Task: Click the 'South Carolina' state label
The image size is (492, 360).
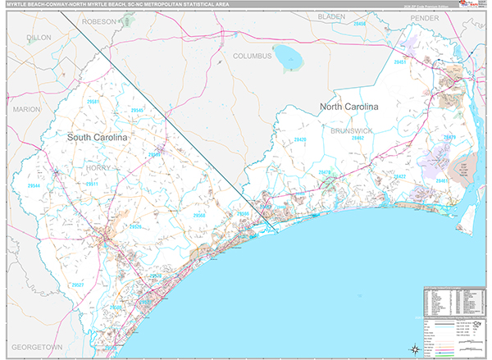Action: click(98, 138)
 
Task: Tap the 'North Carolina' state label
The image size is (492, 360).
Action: click(349, 107)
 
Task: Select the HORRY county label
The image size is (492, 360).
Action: click(97, 167)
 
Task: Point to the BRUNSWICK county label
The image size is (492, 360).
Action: click(352, 130)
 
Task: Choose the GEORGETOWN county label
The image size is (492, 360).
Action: click(31, 347)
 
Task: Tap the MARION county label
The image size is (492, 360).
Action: click(26, 108)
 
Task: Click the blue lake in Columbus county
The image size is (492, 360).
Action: click(289, 57)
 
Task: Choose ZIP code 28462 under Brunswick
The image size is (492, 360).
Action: click(358, 139)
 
